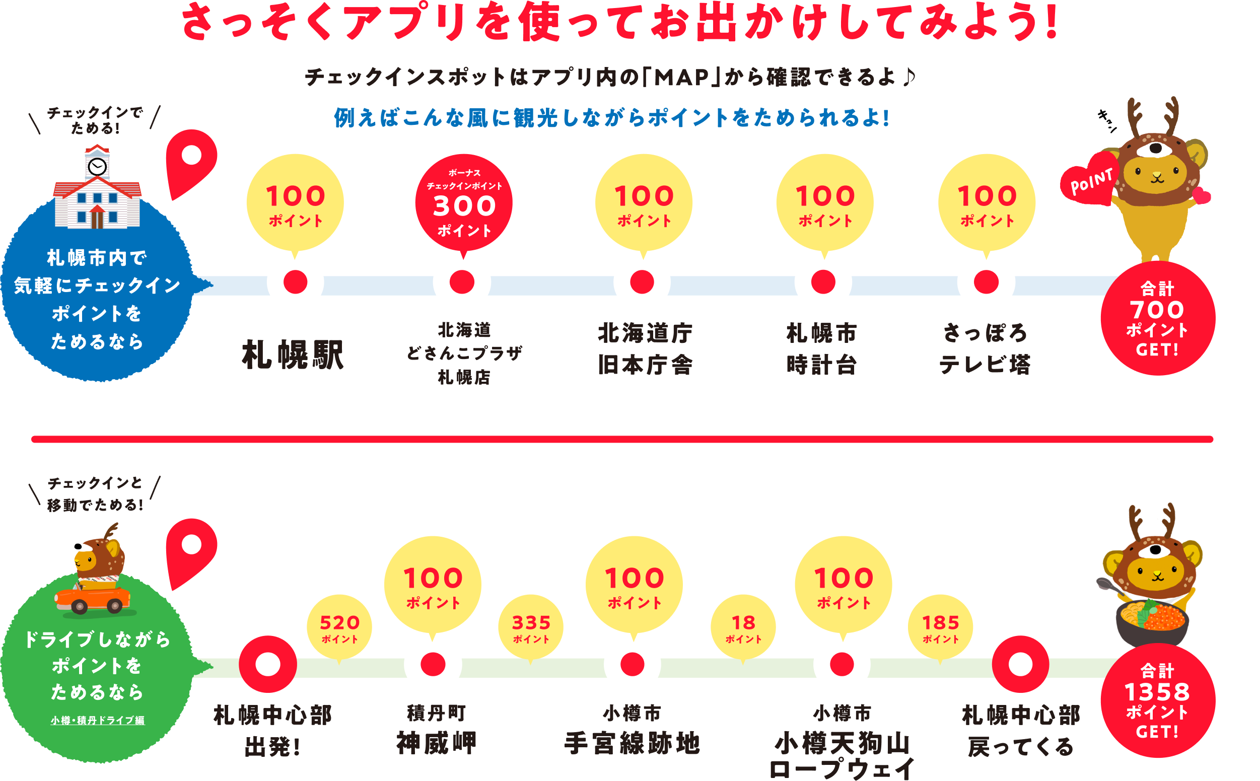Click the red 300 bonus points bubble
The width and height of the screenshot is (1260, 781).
[x=463, y=203]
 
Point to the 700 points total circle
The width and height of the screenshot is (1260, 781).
[x=1157, y=319]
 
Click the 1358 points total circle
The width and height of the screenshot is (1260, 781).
[x=1157, y=701]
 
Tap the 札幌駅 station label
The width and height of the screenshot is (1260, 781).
[x=293, y=356]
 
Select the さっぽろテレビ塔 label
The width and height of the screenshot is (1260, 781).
[x=985, y=349]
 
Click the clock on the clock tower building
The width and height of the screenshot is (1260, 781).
[x=97, y=166]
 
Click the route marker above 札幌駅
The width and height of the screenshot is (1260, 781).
[x=296, y=282]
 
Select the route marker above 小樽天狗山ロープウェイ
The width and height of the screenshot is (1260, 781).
[x=842, y=664]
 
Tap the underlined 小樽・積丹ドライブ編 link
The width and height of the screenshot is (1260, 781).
[x=98, y=720]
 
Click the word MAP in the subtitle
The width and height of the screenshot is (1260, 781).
[x=682, y=78]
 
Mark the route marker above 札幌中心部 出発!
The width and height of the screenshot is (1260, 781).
[x=267, y=664]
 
